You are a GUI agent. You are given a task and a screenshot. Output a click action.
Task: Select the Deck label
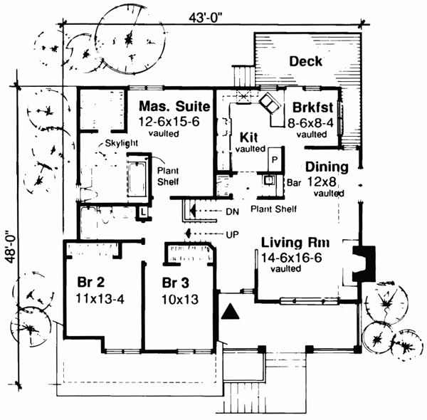(305, 62)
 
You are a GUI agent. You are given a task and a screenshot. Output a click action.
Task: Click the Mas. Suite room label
(174, 107)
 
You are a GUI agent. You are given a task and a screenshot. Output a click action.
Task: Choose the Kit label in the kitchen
(249, 137)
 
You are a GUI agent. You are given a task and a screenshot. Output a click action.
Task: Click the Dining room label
(327, 168)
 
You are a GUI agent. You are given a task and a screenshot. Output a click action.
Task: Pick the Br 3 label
(176, 280)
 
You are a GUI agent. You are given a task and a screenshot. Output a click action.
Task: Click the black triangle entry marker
(231, 310)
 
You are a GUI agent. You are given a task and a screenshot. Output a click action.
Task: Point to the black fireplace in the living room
(362, 263)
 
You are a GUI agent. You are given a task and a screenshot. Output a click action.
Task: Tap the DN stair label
(232, 211)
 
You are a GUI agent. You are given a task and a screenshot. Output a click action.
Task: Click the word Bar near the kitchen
(292, 182)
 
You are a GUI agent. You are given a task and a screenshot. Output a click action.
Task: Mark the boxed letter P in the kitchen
(273, 161)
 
